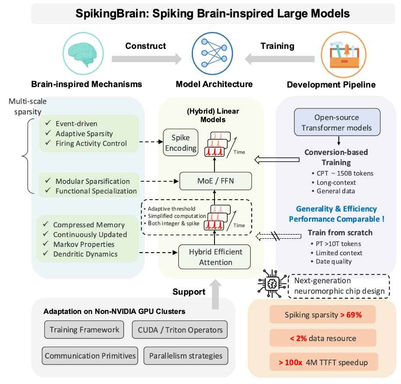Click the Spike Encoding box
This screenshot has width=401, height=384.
click(x=180, y=143)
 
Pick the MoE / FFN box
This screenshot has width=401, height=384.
click(x=215, y=180)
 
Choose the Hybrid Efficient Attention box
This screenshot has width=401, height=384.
click(x=215, y=257)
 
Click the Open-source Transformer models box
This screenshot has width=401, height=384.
click(x=337, y=123)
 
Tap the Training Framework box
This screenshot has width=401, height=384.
click(x=84, y=330)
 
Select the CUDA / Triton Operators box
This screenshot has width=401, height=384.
click(x=180, y=330)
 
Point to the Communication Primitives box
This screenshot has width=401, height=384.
click(x=90, y=356)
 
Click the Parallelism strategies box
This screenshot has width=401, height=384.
click(x=186, y=356)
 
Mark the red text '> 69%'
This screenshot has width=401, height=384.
click(x=351, y=314)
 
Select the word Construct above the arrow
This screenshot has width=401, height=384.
click(x=146, y=46)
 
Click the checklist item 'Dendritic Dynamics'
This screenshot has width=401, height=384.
click(x=85, y=254)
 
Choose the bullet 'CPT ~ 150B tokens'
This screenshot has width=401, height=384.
click(x=345, y=173)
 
